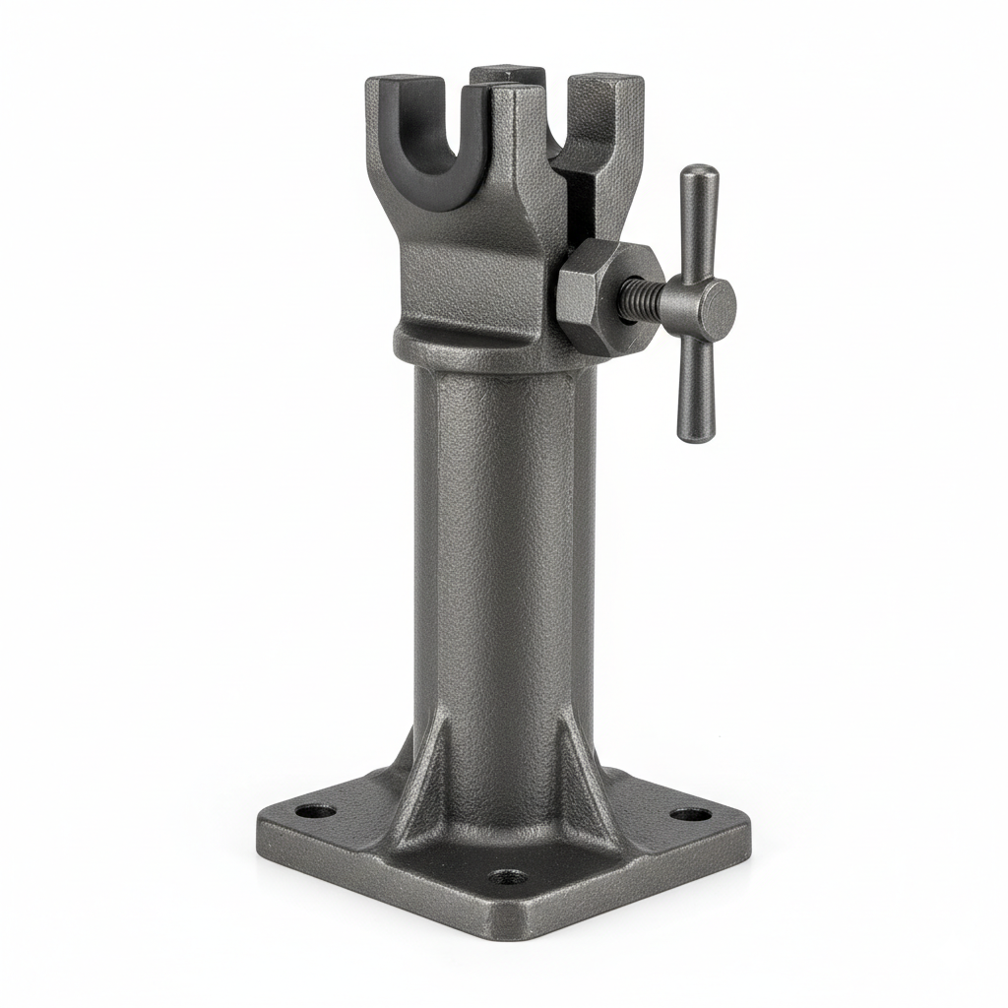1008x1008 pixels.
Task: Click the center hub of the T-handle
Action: pyautogui.click(x=707, y=304)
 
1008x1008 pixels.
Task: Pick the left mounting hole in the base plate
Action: pyautogui.click(x=316, y=813)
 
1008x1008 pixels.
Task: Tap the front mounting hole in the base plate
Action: pyautogui.click(x=507, y=875)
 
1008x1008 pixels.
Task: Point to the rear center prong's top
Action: pyautogui.click(x=507, y=72)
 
